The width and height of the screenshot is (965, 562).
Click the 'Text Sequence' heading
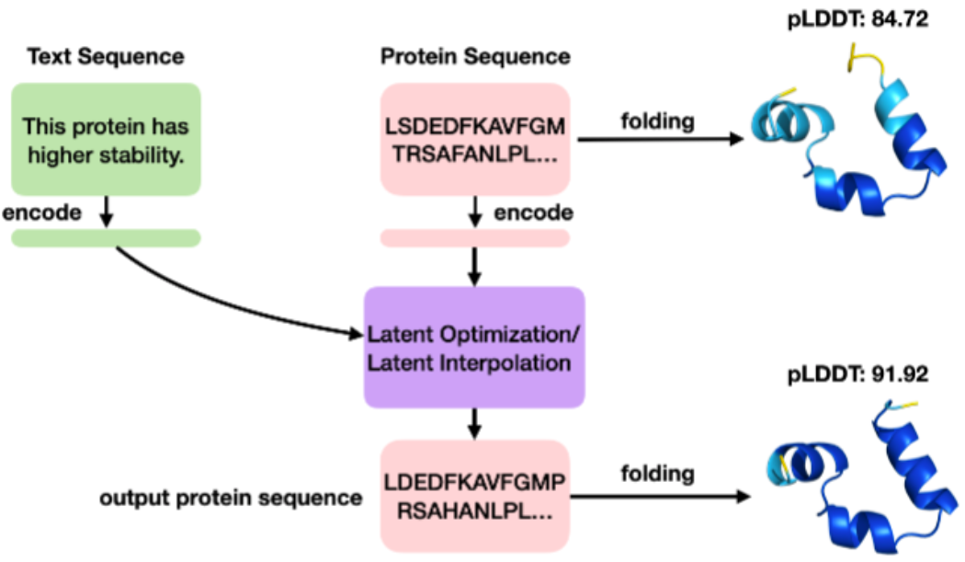106,57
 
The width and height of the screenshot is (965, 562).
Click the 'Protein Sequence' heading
475,57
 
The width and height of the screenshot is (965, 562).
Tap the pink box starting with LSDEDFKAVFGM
475,139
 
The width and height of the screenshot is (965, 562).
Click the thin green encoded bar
106,238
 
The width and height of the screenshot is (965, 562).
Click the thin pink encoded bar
475,238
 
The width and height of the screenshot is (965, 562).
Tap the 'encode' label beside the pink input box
534,213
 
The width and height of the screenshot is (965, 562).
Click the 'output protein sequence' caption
230,499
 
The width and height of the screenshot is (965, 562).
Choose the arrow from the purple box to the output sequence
475,423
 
